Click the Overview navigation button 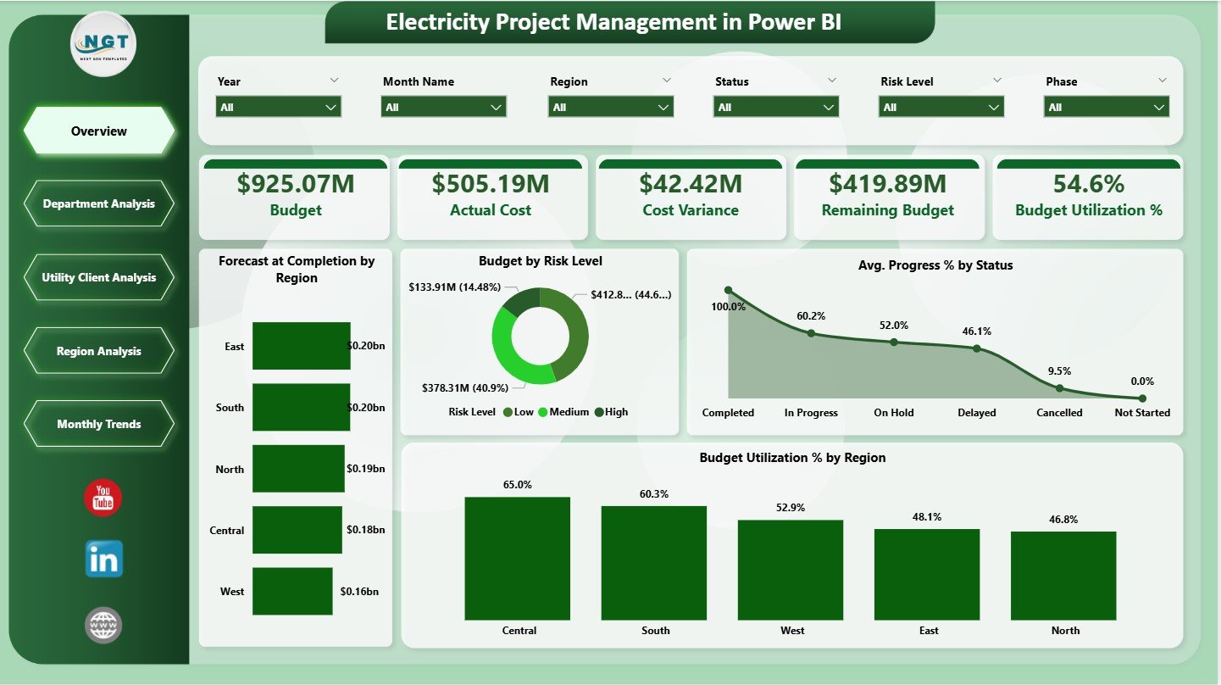click(x=99, y=131)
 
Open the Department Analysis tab click(x=99, y=203)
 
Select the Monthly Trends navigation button click(x=99, y=424)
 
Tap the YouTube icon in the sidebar click(x=103, y=497)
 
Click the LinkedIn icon click(x=103, y=559)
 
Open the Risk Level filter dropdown click(x=941, y=108)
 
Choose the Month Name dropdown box click(x=444, y=108)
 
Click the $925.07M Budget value click(x=295, y=184)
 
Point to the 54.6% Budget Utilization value click(x=1088, y=184)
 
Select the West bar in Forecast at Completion click(x=292, y=591)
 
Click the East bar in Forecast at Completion click(x=301, y=346)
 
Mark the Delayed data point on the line click(x=976, y=348)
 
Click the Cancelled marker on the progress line click(x=1059, y=387)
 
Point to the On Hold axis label click(x=894, y=413)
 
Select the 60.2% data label click(x=811, y=315)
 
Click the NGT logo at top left click(x=103, y=44)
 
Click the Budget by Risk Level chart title click(x=540, y=261)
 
